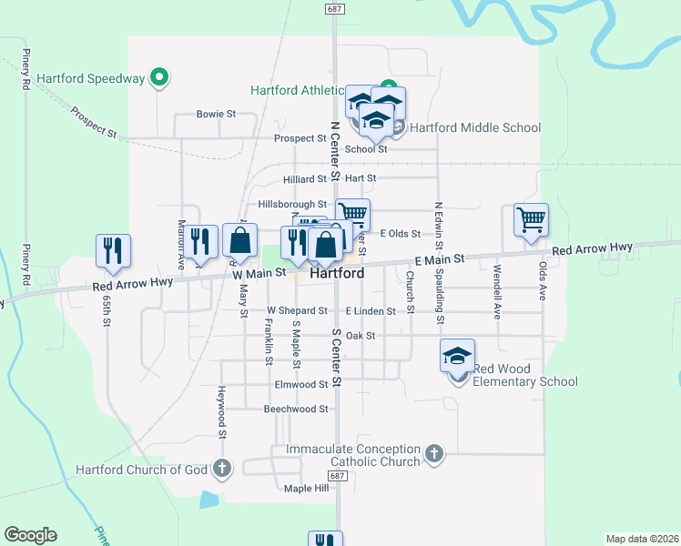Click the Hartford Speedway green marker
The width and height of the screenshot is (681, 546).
click(160, 78)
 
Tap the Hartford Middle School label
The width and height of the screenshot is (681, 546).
click(474, 127)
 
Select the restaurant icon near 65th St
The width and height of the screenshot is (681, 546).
click(113, 250)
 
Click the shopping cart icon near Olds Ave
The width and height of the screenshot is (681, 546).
click(531, 219)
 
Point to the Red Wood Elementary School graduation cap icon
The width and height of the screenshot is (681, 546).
click(458, 356)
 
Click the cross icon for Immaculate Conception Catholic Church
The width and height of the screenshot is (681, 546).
click(434, 453)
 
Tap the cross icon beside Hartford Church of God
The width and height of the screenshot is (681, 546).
click(221, 470)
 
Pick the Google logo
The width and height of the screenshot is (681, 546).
click(30, 535)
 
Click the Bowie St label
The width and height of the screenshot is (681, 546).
click(217, 115)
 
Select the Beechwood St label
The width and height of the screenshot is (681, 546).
click(295, 409)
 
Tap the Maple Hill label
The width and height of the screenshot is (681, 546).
click(306, 489)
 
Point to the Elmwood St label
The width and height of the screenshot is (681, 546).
click(300, 385)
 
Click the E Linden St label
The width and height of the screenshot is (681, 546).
click(370, 311)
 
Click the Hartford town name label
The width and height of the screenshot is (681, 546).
click(337, 273)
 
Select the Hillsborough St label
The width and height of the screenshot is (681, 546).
click(291, 205)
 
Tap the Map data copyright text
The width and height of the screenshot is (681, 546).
click(641, 539)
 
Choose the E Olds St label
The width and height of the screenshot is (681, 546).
click(401, 234)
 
